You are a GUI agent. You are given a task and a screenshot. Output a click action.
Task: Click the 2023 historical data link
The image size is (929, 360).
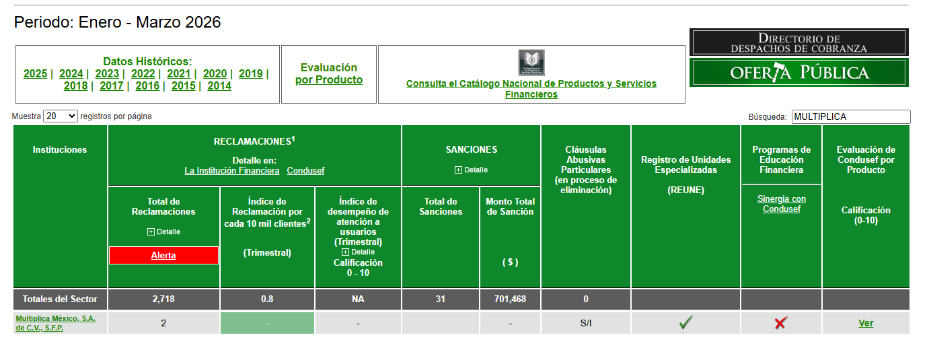pyautogui.click(x=107, y=74)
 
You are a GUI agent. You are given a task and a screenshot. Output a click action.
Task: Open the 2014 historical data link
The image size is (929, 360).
pyautogui.click(x=219, y=86)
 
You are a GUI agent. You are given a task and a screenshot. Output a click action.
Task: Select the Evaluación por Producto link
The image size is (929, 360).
pyautogui.click(x=329, y=73)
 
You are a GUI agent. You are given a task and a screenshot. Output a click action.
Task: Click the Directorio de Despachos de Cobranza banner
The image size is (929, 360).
pyautogui.click(x=798, y=42)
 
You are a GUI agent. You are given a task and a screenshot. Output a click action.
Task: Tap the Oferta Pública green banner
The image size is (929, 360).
pyautogui.click(x=798, y=73)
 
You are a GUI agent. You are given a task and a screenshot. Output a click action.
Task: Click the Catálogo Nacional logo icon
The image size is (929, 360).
pyautogui.click(x=531, y=63)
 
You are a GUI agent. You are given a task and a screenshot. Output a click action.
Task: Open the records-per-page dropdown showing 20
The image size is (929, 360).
pyautogui.click(x=61, y=116)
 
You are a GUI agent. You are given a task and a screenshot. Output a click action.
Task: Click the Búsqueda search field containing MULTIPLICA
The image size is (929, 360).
pyautogui.click(x=851, y=116)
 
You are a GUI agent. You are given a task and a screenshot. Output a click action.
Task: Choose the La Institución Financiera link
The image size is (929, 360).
pyautogui.click(x=232, y=170)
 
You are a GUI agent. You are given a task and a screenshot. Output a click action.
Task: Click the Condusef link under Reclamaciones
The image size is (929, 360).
pyautogui.click(x=305, y=170)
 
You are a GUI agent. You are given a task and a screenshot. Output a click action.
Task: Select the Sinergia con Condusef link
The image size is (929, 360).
pyautogui.click(x=782, y=204)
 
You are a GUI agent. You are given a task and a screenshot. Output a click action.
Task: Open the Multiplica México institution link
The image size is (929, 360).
pyautogui.click(x=56, y=323)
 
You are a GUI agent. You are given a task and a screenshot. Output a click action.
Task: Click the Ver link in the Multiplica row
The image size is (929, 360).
pyautogui.click(x=866, y=323)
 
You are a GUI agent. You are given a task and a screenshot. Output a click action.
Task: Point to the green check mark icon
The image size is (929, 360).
pyautogui.click(x=686, y=322)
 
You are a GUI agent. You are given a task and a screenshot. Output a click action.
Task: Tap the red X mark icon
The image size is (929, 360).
pyautogui.click(x=781, y=323)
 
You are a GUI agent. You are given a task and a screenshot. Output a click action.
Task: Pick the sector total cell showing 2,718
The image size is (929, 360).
pyautogui.click(x=163, y=299)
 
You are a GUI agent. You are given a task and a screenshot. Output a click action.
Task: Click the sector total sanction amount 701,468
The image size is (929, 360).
pyautogui.click(x=510, y=299)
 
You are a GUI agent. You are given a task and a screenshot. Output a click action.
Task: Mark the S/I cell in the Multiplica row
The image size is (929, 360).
pyautogui.click(x=586, y=323)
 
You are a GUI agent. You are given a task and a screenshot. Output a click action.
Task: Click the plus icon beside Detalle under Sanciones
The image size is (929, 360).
pyautogui.click(x=458, y=170)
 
